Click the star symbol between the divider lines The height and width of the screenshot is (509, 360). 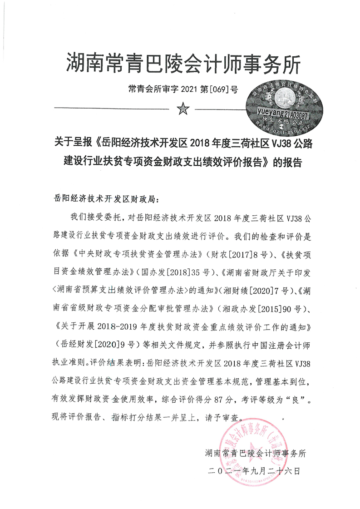point(183,109)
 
